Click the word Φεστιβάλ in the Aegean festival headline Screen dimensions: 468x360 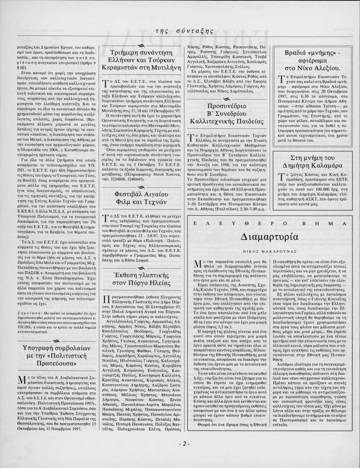[128, 194]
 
